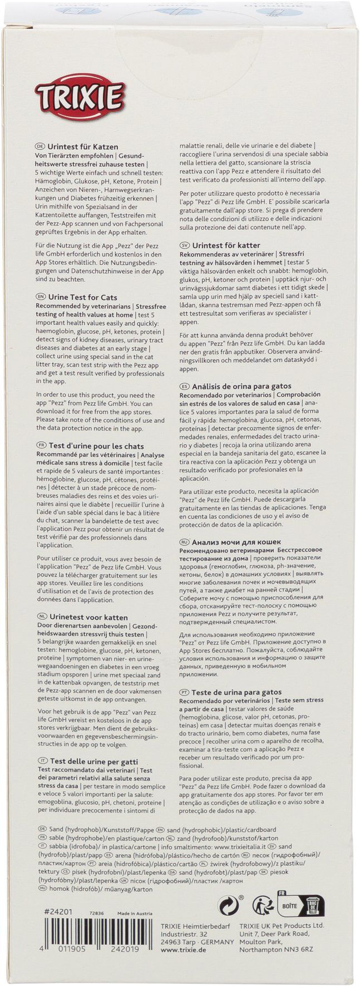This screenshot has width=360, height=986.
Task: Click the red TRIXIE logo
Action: point(80,97)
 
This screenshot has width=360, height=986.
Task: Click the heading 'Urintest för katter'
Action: point(226,245)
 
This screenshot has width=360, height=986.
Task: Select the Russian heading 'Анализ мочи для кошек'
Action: point(236,541)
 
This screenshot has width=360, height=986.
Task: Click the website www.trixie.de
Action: point(183,950)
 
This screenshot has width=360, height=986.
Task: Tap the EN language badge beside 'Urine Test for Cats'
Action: point(40,298)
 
